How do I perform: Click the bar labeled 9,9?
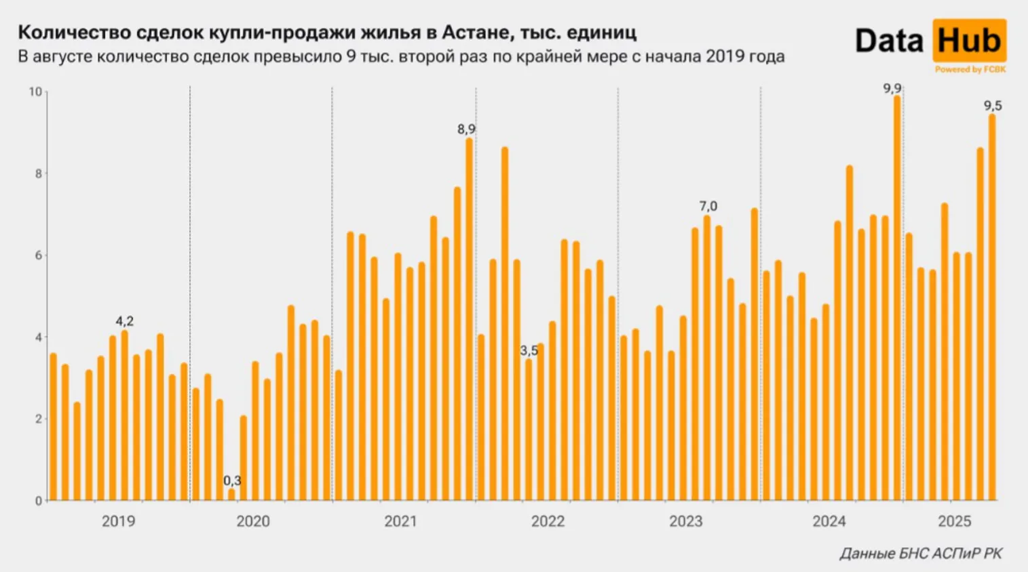897,298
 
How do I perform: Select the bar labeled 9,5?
992,308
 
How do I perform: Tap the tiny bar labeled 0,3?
231,495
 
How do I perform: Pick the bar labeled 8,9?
469,319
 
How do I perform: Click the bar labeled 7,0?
707,358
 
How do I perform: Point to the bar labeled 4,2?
124,415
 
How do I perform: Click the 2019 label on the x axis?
118,521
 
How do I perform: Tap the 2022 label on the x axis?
548,521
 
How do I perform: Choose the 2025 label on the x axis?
955,521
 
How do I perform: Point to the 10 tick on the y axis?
35,91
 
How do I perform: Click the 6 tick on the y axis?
39,256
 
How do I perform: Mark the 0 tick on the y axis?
39,501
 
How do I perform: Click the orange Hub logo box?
969,41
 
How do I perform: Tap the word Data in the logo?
890,41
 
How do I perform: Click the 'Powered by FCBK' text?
970,69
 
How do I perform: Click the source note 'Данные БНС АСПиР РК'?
921,554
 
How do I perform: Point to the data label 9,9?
892,89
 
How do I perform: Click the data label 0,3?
232,481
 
